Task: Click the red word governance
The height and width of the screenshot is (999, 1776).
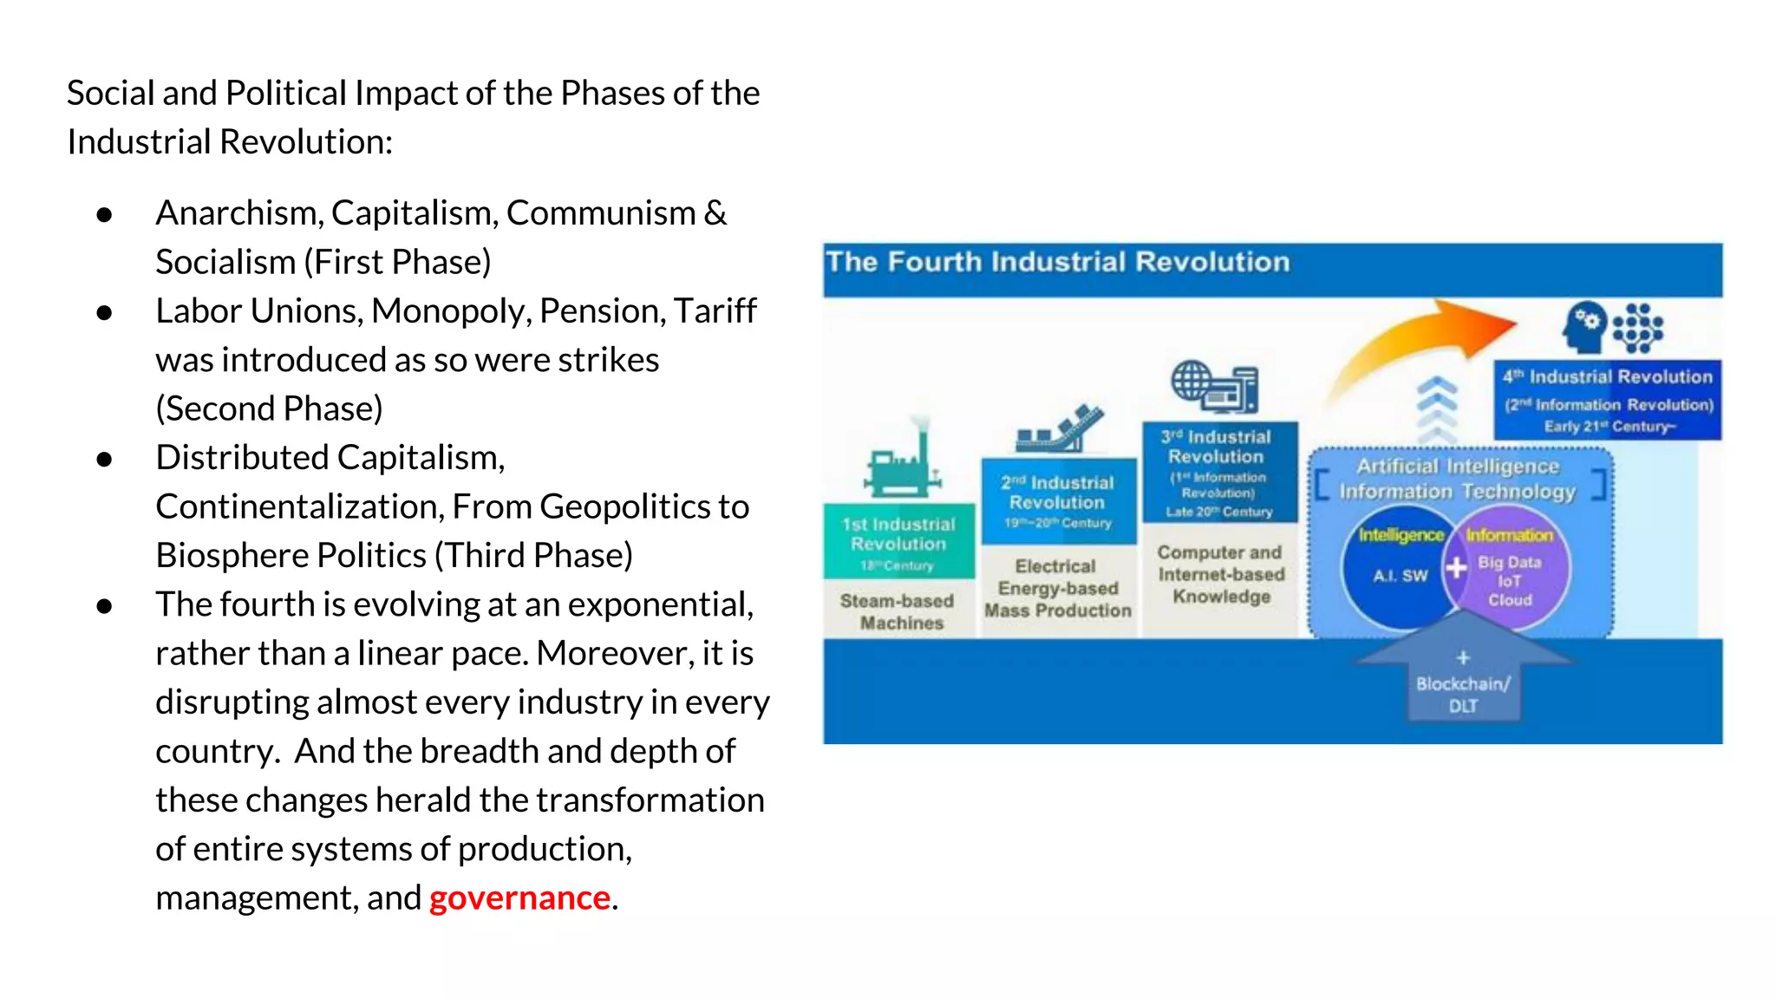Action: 519,898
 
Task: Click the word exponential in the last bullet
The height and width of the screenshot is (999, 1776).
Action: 658,604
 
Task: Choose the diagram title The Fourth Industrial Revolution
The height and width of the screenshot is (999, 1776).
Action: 1058,263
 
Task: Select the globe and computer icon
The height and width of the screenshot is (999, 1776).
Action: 1214,387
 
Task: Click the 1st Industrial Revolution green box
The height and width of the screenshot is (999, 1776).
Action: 898,542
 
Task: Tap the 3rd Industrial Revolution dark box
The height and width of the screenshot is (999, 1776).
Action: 1218,473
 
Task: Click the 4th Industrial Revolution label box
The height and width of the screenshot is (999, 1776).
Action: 1608,401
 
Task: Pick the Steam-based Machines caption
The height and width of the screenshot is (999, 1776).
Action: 898,611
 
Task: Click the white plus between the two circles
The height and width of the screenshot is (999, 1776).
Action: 1456,568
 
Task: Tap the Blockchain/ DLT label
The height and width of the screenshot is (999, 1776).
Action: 1463,695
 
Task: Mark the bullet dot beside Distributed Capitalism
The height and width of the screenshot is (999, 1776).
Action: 105,459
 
